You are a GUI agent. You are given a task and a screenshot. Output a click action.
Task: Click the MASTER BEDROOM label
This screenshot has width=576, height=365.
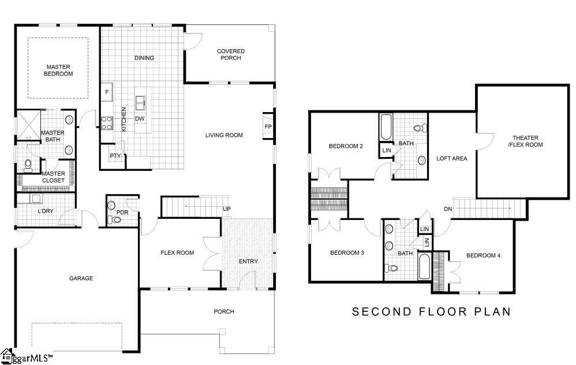[58, 70]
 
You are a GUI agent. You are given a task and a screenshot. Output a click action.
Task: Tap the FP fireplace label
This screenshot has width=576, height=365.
[268, 127]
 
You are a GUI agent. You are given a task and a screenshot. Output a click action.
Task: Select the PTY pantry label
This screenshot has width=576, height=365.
[114, 156]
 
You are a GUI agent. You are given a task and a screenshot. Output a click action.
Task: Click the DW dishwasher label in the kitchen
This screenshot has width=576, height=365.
[139, 119]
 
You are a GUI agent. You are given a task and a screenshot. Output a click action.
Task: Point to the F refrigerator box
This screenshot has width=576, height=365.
[107, 92]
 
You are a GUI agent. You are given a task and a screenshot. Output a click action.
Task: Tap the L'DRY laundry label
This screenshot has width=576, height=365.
[45, 211]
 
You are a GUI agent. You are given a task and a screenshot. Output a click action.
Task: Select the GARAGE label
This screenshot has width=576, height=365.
[81, 278]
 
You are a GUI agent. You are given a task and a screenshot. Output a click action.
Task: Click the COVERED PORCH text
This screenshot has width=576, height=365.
[230, 55]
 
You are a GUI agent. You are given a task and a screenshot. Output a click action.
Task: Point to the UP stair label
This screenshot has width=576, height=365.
[227, 208]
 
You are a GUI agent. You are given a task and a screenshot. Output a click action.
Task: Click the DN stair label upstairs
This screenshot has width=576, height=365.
[448, 209]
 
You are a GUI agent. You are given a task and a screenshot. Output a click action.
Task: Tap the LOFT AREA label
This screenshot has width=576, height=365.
[451, 158]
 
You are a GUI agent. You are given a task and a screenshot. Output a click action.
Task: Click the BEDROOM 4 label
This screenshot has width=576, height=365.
[483, 256]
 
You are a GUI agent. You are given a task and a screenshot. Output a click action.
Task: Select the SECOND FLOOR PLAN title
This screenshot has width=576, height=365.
[431, 312]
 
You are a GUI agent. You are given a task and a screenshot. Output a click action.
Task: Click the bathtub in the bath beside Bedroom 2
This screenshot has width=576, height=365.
[386, 128]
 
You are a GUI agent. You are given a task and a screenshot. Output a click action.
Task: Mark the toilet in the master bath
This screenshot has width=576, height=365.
[28, 165]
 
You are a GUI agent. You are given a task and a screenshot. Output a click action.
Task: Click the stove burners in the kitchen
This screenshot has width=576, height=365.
[107, 122]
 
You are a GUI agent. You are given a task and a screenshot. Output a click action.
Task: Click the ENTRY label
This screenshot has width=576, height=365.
[248, 262]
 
